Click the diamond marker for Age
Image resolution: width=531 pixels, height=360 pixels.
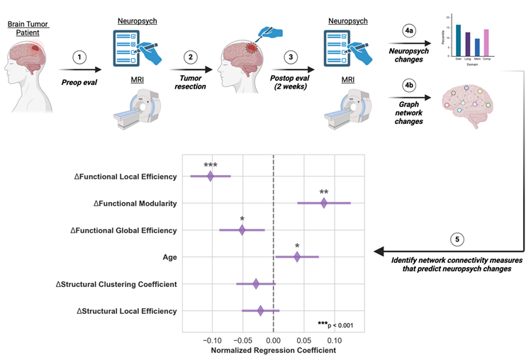[297, 257]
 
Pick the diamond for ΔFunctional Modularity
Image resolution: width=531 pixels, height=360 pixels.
[324, 203]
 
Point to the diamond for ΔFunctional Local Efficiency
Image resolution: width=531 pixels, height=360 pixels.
[211, 176]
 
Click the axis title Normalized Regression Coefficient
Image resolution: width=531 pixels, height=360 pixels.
[273, 350]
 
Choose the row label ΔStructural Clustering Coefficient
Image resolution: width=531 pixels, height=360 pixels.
[116, 284]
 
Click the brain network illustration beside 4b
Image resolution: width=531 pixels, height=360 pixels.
[469, 105]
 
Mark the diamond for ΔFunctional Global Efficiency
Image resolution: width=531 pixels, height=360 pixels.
[242, 230]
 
